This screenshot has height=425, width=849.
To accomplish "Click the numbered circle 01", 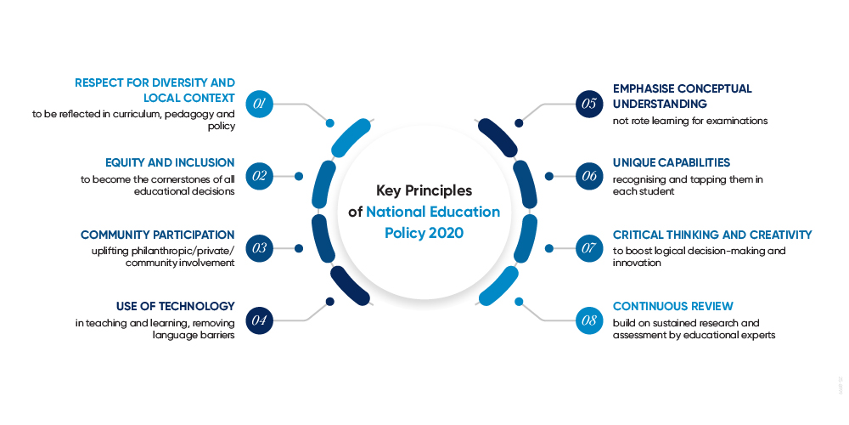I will [x=259, y=104].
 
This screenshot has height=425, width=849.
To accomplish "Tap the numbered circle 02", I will [x=259, y=176].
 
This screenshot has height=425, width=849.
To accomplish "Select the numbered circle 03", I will [x=259, y=248].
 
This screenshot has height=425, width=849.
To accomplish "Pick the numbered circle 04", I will [x=259, y=320].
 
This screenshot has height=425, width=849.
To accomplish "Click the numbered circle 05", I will [x=588, y=104].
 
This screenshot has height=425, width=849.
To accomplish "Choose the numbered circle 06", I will [x=588, y=176].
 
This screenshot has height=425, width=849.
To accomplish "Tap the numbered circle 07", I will [x=588, y=248].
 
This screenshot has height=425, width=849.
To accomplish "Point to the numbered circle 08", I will [x=588, y=320].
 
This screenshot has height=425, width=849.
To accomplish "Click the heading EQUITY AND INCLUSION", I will [x=170, y=161].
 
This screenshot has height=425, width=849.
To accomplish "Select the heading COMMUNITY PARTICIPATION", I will [x=157, y=234].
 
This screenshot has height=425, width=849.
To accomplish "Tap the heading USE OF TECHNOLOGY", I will [x=175, y=306].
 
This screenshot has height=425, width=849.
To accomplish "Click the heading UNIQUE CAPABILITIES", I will [x=671, y=161].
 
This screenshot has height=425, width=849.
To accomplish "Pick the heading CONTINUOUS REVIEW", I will [x=672, y=306].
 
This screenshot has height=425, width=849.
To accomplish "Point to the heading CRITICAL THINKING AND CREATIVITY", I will [x=712, y=234].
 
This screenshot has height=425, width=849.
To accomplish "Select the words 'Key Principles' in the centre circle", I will [x=424, y=190].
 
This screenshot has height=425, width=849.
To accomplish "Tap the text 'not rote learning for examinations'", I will [x=690, y=121].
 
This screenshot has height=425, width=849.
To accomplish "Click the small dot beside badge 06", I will [x=549, y=176].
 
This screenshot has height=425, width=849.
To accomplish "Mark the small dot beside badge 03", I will [x=299, y=248].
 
